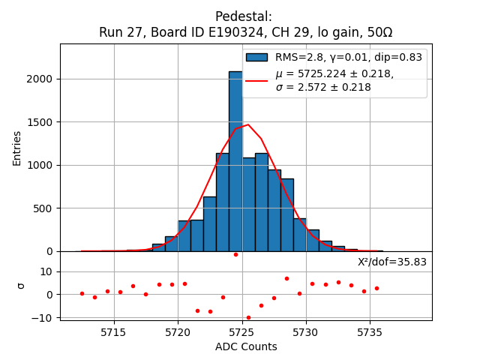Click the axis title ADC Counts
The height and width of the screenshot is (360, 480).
pos(246,346)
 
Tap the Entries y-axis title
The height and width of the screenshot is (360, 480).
pos(17,148)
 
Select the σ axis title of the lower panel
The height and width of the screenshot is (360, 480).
pos(20,286)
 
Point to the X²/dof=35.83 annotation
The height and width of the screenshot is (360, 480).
pos(391,262)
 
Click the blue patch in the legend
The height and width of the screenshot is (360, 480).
pos(256,57)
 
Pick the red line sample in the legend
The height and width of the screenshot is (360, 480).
pos(256,79)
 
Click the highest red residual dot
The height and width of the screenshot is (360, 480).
pos(235,254)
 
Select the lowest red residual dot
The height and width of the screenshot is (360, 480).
pos(248,317)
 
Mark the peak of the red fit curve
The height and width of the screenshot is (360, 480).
pos(248,125)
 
